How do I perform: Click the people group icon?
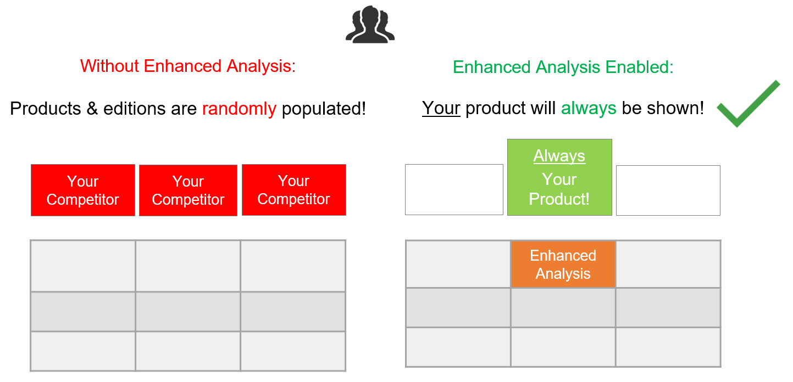tap(370, 25)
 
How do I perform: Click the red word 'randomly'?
tap(239, 109)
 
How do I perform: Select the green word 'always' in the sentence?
tap(589, 108)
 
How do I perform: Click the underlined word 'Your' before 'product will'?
tap(441, 108)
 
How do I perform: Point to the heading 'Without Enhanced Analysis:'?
tap(188, 66)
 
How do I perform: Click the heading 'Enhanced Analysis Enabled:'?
tap(563, 67)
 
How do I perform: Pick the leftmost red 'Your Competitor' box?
tap(83, 190)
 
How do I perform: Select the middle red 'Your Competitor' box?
tap(188, 190)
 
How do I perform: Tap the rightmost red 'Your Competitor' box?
tap(294, 190)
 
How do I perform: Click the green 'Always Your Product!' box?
tap(559, 177)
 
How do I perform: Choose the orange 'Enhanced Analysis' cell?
tap(563, 264)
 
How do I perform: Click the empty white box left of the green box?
tap(454, 189)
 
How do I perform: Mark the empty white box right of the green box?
tap(668, 190)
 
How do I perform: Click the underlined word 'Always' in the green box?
tap(559, 156)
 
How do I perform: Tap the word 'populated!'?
tap(324, 109)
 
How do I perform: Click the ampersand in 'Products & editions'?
tap(92, 109)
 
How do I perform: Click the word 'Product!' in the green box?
tap(559, 199)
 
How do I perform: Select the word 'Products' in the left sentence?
tap(45, 109)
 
